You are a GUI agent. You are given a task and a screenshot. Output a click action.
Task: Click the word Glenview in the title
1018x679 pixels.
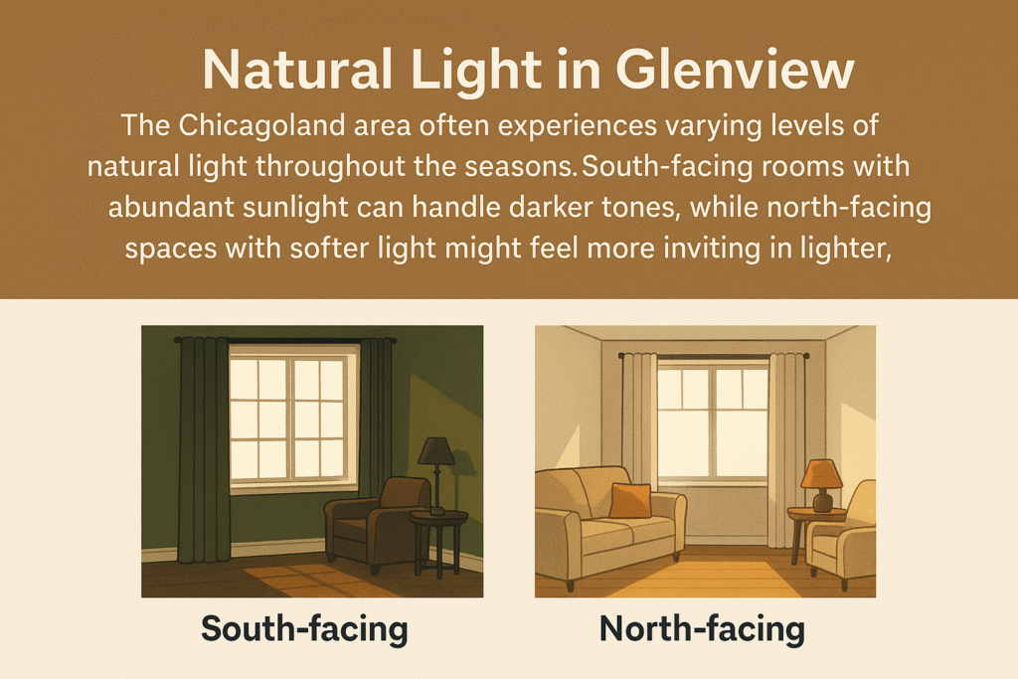coord(735,69)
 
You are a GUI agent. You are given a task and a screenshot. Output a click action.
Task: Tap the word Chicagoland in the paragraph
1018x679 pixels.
coord(261,125)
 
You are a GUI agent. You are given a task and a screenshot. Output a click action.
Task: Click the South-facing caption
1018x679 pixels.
coord(304,628)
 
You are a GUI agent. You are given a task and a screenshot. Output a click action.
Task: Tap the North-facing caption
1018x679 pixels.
coord(702,628)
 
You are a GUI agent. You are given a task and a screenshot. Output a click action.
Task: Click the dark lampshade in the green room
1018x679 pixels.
coord(436,450)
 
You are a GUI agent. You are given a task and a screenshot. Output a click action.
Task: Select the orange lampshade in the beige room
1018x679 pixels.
coord(821,473)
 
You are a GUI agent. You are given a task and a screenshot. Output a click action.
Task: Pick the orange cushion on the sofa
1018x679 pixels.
coord(630,500)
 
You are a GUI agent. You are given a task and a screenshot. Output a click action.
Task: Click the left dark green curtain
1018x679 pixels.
coord(204,449)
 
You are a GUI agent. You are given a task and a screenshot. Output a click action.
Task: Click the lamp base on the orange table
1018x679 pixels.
coord(822,500)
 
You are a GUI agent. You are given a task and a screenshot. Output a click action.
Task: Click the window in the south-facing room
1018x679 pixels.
coord(294,418)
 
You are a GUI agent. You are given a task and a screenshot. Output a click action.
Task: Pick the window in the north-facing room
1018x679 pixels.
coord(713,423)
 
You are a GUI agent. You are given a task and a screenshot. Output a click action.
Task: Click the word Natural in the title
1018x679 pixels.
coord(297,69)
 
